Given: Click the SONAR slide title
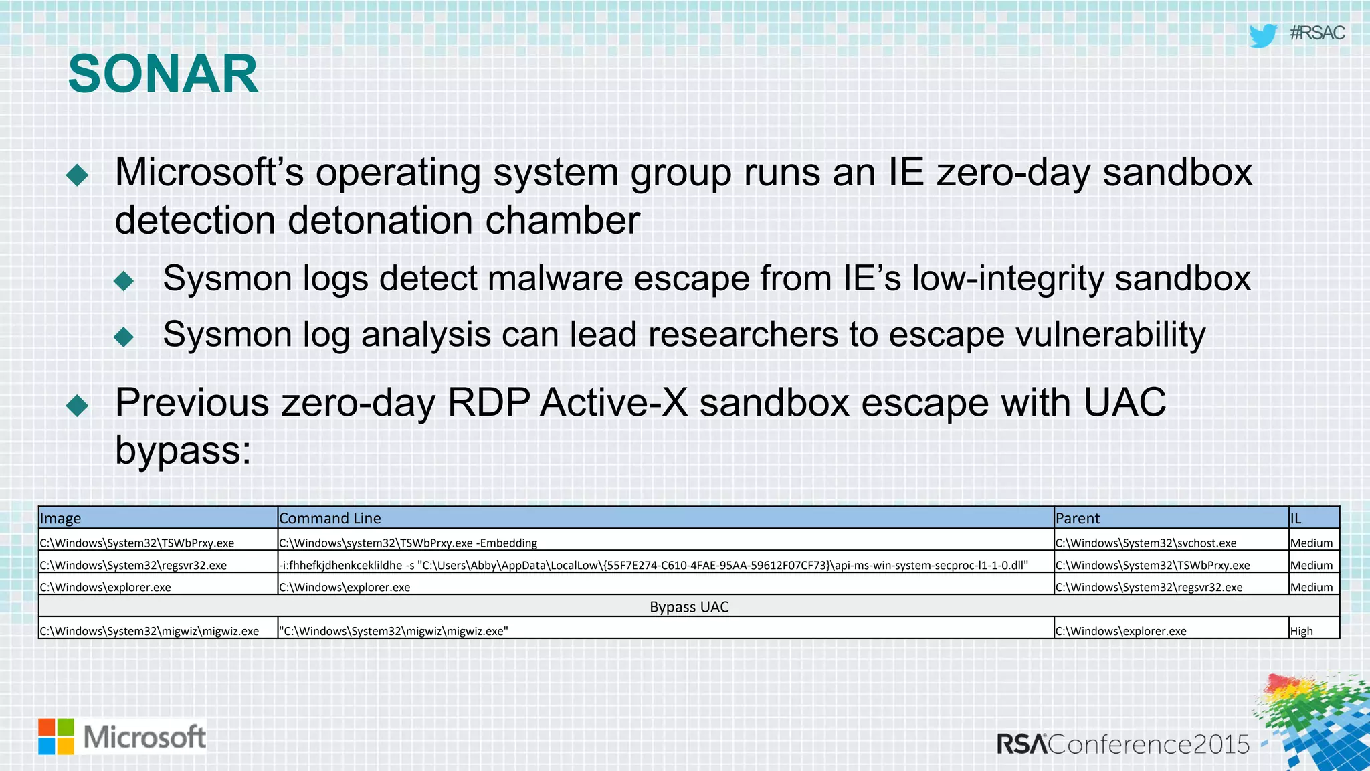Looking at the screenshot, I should (163, 74).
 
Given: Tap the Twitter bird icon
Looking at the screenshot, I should (1263, 35).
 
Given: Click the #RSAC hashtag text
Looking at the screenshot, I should (1317, 33).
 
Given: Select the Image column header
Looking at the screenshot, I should (60, 518).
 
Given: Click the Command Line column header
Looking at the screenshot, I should (330, 518).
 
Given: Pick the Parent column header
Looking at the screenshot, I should (1077, 518).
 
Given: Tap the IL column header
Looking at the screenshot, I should (1296, 518).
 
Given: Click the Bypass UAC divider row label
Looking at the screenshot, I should (689, 606).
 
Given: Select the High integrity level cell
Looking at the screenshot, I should (1301, 630).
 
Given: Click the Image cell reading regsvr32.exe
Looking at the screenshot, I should (133, 565).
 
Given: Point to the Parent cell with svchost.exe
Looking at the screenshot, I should (1146, 543).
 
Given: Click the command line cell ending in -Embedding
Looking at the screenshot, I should (408, 543).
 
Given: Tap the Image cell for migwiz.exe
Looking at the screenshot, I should (149, 630).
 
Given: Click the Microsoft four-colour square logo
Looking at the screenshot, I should (56, 736).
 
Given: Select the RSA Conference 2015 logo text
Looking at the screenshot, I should (1123, 744).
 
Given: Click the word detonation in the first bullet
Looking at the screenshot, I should (379, 220).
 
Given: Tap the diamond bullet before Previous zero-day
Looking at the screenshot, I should (78, 405).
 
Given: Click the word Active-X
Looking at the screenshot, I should (614, 403).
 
